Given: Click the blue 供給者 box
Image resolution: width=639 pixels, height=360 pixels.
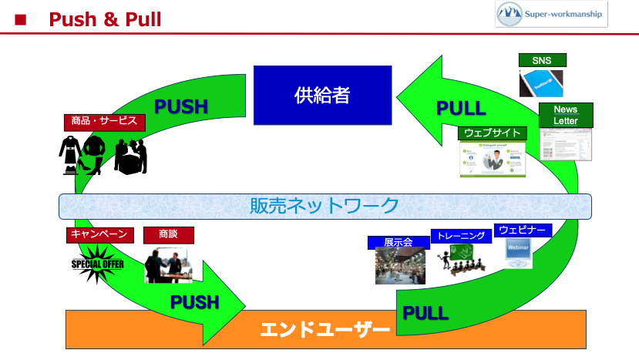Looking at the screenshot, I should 322,95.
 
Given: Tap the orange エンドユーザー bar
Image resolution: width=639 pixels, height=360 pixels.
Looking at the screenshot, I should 325,330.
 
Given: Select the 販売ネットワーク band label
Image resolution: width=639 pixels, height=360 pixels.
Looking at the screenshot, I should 325,206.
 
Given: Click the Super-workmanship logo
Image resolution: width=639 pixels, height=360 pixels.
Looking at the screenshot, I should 551,14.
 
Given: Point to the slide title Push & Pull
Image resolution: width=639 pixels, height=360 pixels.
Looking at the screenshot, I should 105,19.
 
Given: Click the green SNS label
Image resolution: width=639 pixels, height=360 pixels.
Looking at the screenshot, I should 542,61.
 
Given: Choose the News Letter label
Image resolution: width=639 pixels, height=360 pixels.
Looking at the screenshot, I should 566,115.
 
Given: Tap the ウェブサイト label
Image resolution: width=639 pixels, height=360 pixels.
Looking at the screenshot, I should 493,133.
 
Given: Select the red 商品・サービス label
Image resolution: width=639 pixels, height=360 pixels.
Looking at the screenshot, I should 104,121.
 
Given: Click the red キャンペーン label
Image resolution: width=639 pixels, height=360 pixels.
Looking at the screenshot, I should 101,234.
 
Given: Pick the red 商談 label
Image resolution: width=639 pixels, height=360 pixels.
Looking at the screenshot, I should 168,234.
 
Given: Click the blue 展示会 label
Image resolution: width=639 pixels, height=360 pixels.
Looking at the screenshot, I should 398,242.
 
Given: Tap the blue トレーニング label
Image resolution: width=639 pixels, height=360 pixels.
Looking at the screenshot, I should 459,237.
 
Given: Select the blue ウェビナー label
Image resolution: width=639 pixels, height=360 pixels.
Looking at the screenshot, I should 523,230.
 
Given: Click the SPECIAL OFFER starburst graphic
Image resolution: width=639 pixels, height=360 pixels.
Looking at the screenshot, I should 98,264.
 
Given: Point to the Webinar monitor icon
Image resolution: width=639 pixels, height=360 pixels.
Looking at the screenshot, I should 518,254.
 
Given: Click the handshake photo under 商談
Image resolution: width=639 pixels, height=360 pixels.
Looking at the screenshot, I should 168,264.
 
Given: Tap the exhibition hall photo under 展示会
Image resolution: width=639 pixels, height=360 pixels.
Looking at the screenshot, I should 400,266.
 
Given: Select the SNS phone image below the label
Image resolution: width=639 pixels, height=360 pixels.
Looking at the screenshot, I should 541,83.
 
